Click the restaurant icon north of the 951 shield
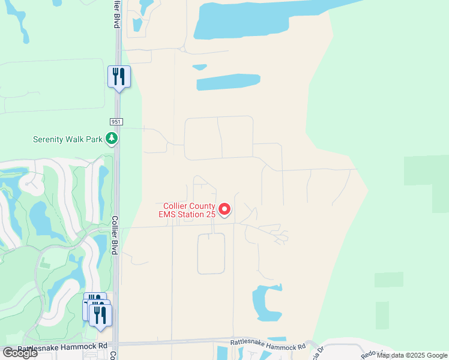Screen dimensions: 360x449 119,77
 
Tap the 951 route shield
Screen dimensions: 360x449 116,122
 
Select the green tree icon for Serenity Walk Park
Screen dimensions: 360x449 111,139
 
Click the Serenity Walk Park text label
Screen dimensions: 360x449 68,139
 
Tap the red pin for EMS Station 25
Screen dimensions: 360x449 224,209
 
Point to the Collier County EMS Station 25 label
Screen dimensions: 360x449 186,209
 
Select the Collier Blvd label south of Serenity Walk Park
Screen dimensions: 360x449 115,236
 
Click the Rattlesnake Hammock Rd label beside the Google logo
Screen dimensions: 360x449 62,347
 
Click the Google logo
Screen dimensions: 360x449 19,353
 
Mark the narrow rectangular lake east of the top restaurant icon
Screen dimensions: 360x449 228,83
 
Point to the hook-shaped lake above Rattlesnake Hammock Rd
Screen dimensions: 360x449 264,303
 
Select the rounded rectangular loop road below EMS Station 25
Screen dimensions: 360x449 211,253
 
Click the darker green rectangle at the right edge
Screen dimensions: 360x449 426,170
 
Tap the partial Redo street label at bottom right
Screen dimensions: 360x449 368,353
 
